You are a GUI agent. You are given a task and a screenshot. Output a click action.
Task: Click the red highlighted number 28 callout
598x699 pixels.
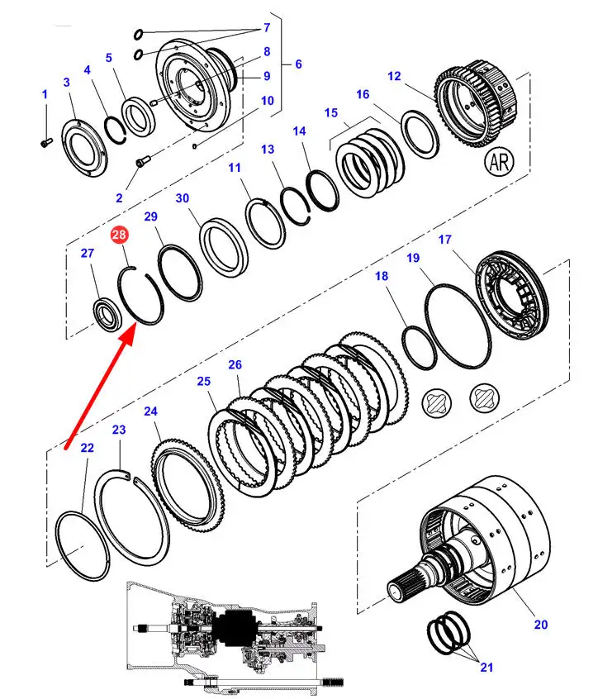[120, 236]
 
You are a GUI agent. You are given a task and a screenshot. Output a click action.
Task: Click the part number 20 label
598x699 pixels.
[540, 625]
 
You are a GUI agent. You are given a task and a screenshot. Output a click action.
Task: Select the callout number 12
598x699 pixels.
[394, 76]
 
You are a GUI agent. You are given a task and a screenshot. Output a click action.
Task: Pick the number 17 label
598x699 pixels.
[444, 240]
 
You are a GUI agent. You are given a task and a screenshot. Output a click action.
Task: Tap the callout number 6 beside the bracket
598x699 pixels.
[298, 64]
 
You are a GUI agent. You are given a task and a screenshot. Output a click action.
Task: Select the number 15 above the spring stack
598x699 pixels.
[331, 112]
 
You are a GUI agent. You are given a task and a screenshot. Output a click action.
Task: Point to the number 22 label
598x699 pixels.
[88, 448]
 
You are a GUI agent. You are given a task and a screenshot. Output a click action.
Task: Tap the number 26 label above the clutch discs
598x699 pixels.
[235, 364]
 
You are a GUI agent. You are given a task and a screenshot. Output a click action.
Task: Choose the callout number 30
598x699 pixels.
[183, 198]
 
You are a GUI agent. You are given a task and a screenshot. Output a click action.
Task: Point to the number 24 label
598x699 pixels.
[150, 411]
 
